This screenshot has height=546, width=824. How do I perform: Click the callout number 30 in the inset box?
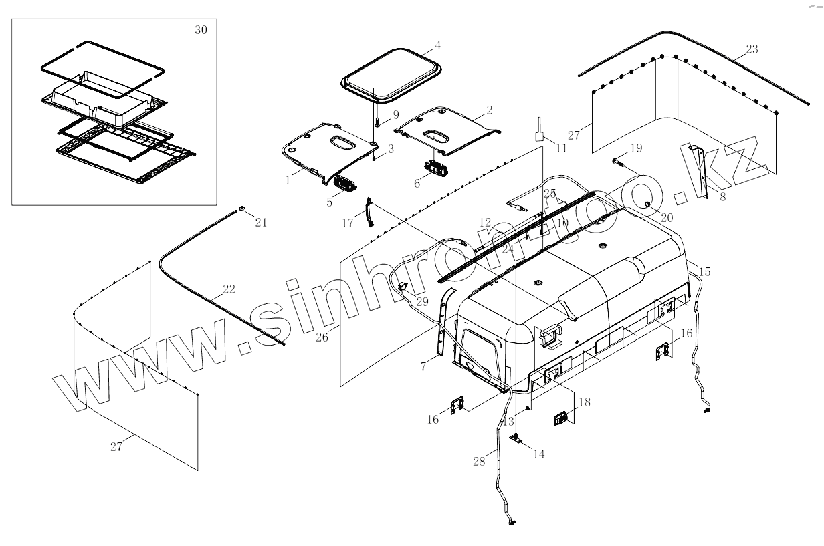tap(201, 31)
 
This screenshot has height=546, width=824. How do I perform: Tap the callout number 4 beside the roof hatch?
tap(437, 46)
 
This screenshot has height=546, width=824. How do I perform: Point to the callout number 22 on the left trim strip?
tap(229, 289)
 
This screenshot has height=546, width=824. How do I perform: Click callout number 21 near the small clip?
tap(261, 223)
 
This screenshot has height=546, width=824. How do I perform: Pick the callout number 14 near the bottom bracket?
tap(538, 454)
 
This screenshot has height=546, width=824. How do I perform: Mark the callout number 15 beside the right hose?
tap(704, 272)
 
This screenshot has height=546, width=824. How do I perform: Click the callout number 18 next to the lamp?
tap(584, 402)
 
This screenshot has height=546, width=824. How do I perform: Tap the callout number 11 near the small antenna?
tap(560, 148)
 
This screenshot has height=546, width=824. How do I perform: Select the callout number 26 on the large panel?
tap(322, 337)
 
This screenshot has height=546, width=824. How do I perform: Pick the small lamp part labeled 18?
tap(561, 418)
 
